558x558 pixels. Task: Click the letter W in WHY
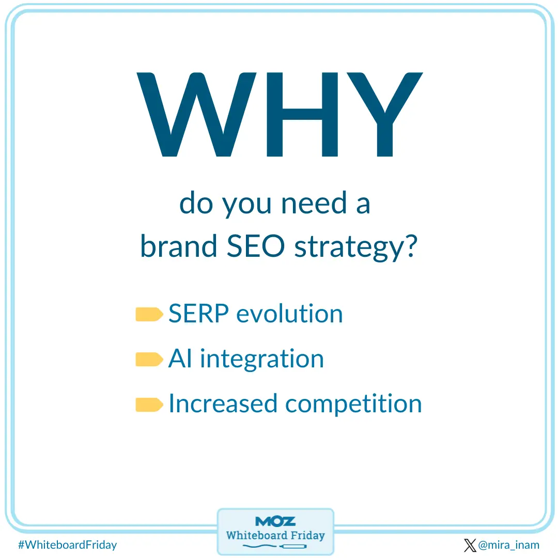pyautogui.click(x=196, y=115)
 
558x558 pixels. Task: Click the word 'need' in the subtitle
pyautogui.click(x=308, y=204)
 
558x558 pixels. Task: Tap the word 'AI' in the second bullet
pyautogui.click(x=181, y=359)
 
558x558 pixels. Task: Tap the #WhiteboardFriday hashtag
pyautogui.click(x=67, y=545)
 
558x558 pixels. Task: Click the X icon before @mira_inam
pyautogui.click(x=470, y=545)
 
